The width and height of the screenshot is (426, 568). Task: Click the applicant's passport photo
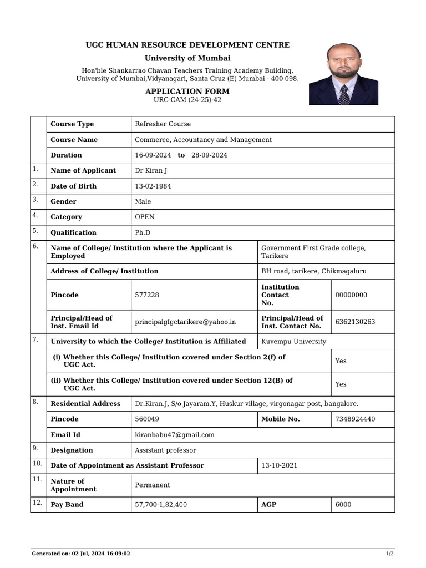(343, 74)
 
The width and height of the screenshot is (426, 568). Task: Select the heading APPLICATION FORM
(187, 91)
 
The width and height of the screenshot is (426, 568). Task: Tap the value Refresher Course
(163, 124)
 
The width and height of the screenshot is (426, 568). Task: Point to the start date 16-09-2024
(153, 155)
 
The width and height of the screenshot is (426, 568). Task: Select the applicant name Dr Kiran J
(151, 171)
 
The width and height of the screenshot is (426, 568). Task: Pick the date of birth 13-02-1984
(153, 186)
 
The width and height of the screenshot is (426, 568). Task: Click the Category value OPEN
(145, 217)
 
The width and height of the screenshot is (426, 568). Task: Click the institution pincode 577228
(147, 295)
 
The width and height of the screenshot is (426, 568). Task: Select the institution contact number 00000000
(351, 295)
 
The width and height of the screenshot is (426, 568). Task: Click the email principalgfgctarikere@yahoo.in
(185, 322)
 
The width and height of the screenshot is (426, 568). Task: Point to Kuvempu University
(293, 342)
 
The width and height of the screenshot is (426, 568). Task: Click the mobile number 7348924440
(355, 419)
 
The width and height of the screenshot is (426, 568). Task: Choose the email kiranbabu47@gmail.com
(175, 435)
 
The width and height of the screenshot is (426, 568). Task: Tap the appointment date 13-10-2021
(279, 466)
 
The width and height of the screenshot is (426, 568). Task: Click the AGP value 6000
(343, 505)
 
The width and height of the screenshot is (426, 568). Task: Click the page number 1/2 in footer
(390, 554)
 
